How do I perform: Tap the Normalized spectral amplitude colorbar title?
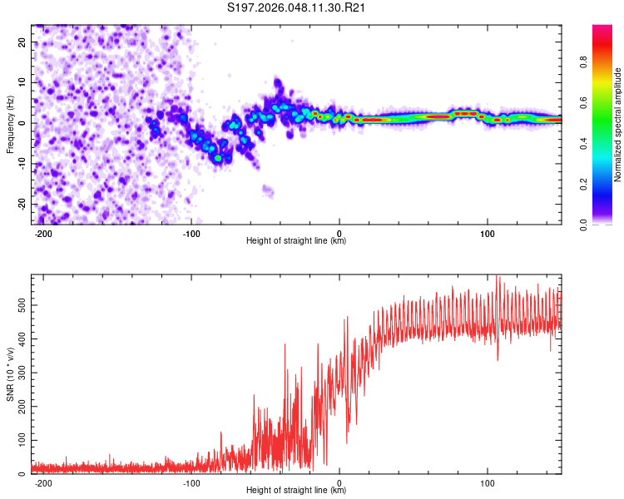(x=617, y=125)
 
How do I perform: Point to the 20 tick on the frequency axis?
(x=22, y=42)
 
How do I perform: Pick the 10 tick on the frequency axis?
(x=22, y=82)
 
